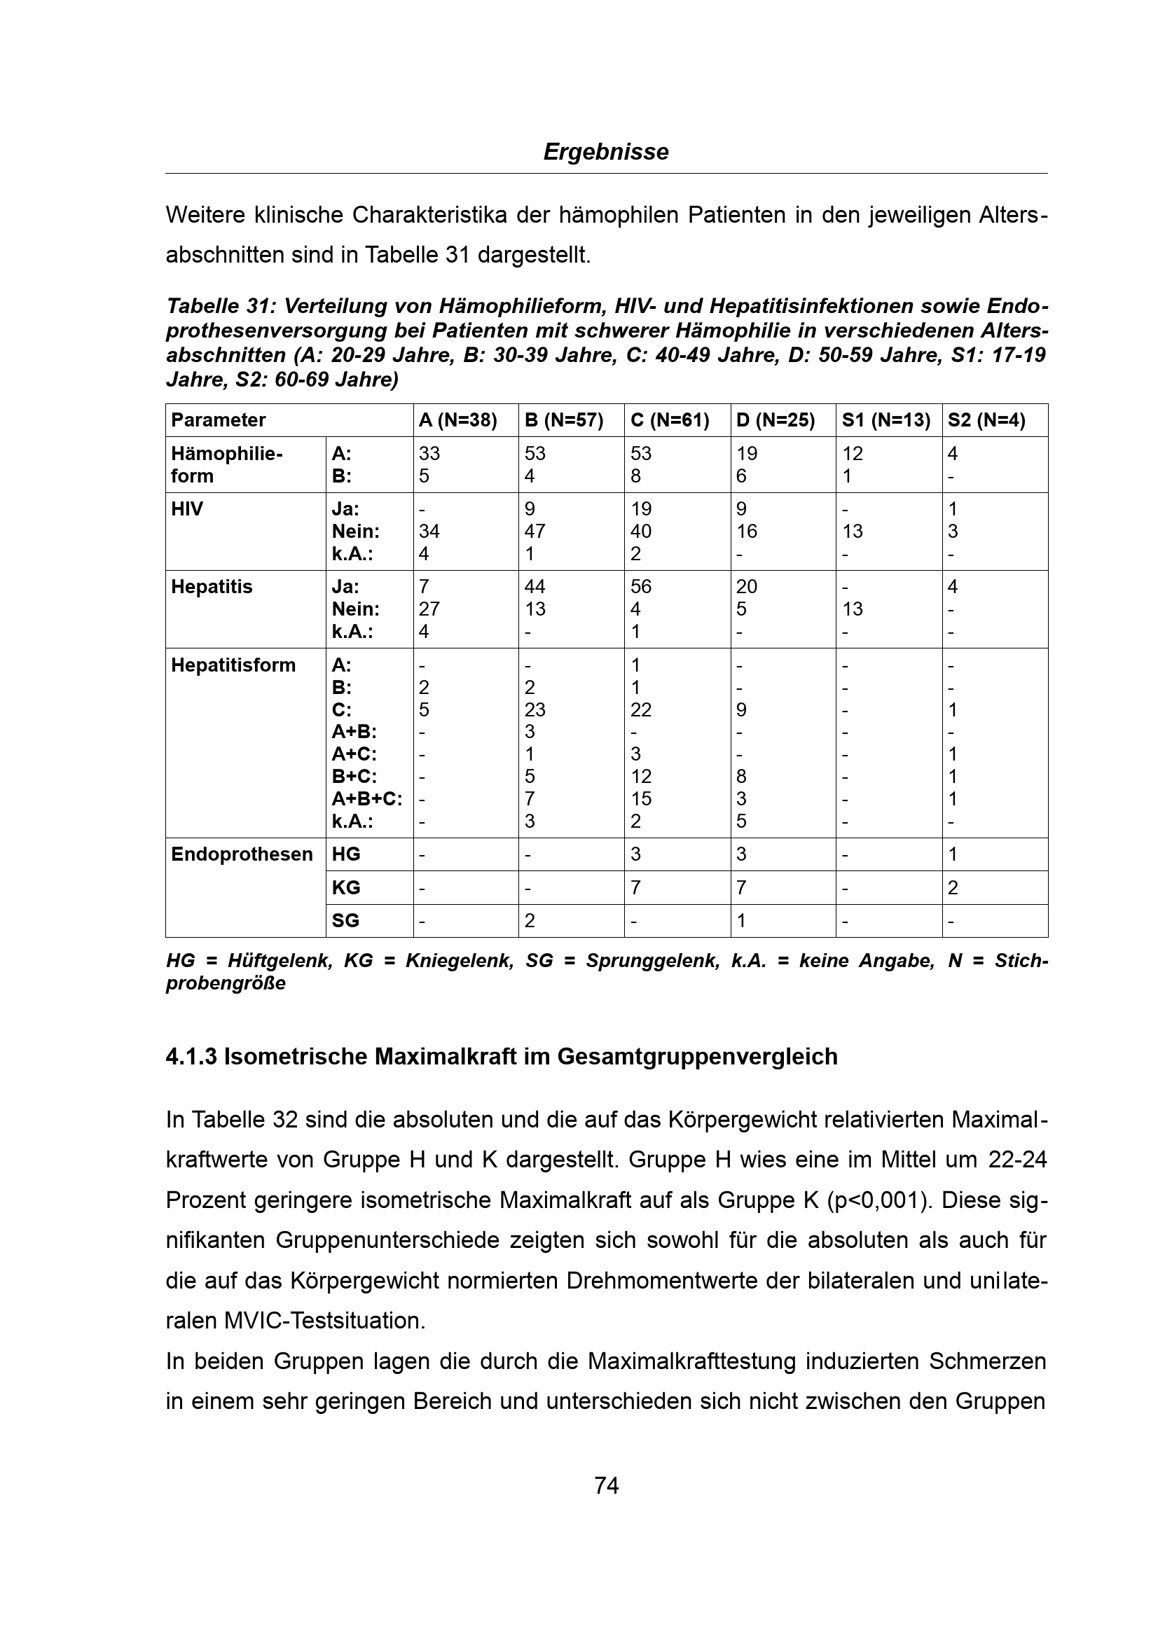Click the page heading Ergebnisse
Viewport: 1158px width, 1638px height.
point(606,152)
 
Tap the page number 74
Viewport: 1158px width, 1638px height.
point(607,1485)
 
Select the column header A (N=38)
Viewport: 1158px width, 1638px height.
point(457,420)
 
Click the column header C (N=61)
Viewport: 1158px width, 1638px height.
point(669,420)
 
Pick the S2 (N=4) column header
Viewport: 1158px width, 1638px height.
point(986,420)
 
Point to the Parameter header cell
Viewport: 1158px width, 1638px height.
point(219,420)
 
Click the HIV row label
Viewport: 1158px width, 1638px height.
point(187,509)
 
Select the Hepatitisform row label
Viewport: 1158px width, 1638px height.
point(233,665)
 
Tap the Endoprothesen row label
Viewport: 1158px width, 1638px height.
point(242,854)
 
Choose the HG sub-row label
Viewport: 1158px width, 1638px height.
point(346,854)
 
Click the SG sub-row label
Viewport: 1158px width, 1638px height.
point(345,920)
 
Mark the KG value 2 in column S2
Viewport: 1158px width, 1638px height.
point(953,887)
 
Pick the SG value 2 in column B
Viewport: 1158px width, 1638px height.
point(530,920)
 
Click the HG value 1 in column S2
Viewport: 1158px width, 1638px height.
point(953,854)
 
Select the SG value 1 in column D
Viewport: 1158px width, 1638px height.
point(741,920)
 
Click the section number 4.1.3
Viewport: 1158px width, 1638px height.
point(191,1057)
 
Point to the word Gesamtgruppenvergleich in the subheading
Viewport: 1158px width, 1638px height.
point(697,1057)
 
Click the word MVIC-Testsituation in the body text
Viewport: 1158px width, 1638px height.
point(324,1321)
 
